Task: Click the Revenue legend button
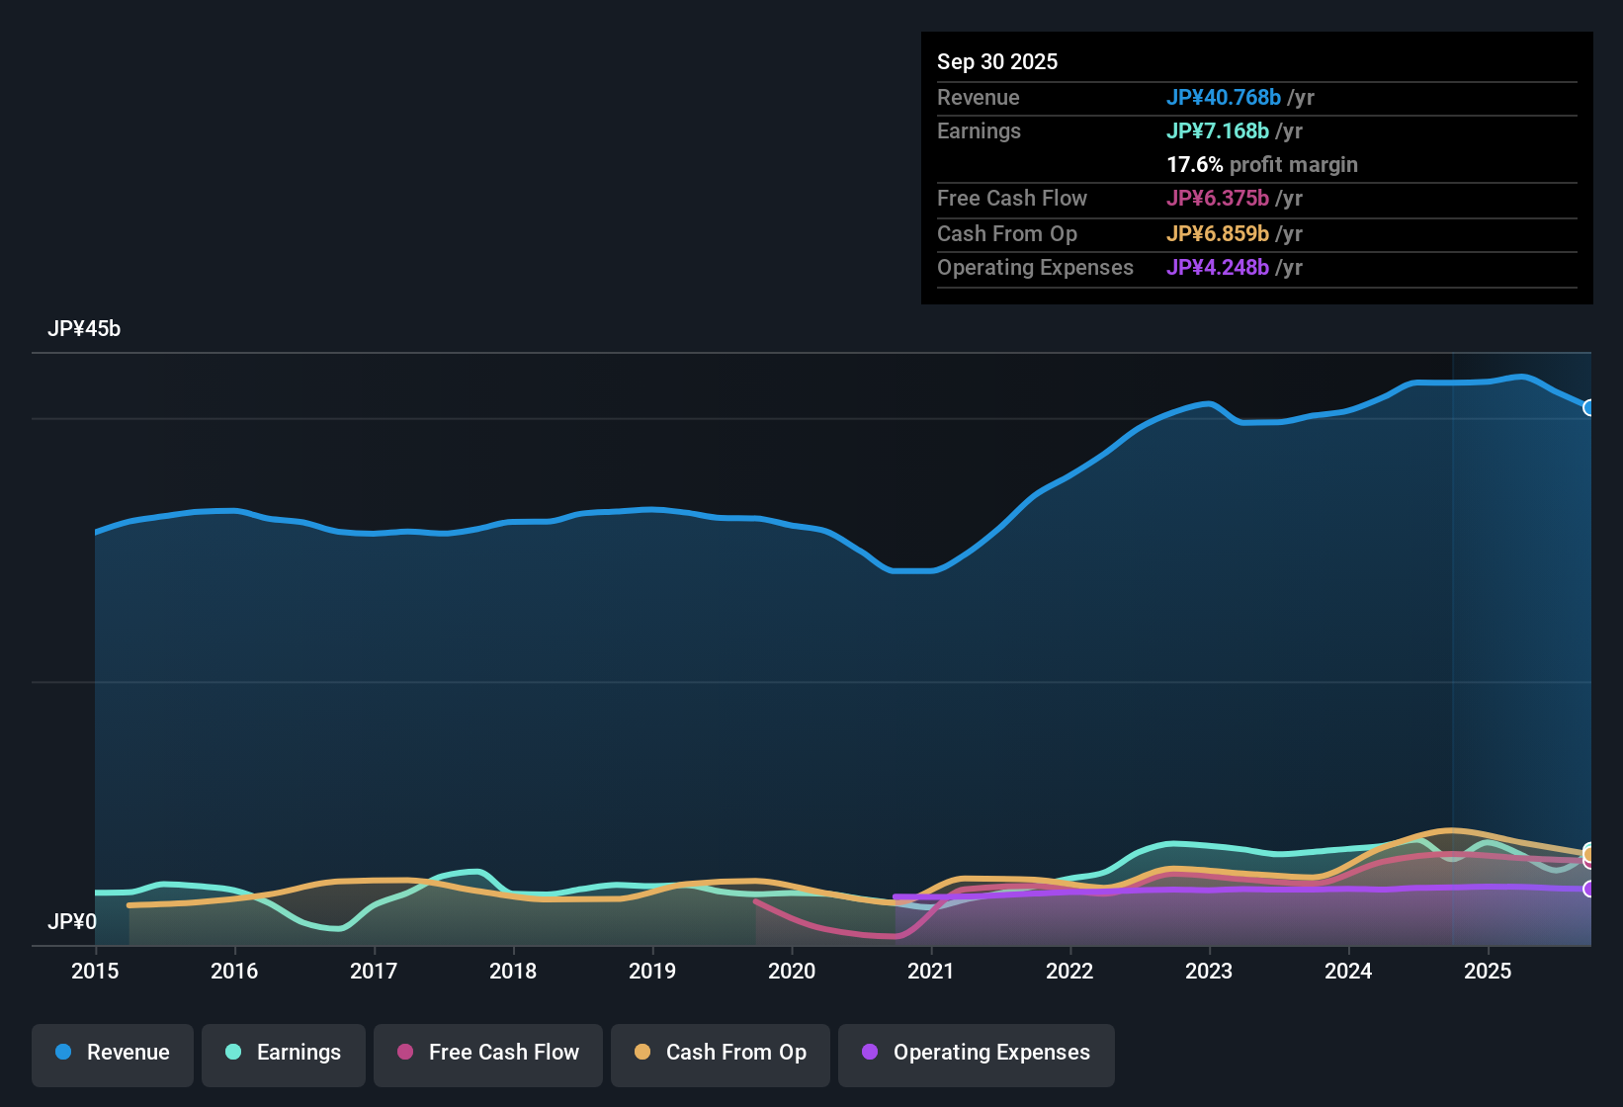[113, 1053]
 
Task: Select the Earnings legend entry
[284, 1053]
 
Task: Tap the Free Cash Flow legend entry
[488, 1053]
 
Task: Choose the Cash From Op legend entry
[721, 1053]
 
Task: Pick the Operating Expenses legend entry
[977, 1053]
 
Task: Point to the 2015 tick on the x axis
[95, 971]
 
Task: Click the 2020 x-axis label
[792, 971]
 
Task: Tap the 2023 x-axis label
[1209, 971]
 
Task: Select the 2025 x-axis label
[1488, 971]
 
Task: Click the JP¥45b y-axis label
[84, 329]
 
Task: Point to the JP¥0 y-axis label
[72, 922]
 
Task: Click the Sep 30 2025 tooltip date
[997, 62]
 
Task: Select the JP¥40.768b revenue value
[1223, 98]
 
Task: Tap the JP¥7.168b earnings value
[1217, 131]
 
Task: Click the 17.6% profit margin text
[1261, 165]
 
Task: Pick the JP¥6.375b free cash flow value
[1217, 199]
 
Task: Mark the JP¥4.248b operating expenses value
[1217, 268]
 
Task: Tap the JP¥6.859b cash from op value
[1217, 234]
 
